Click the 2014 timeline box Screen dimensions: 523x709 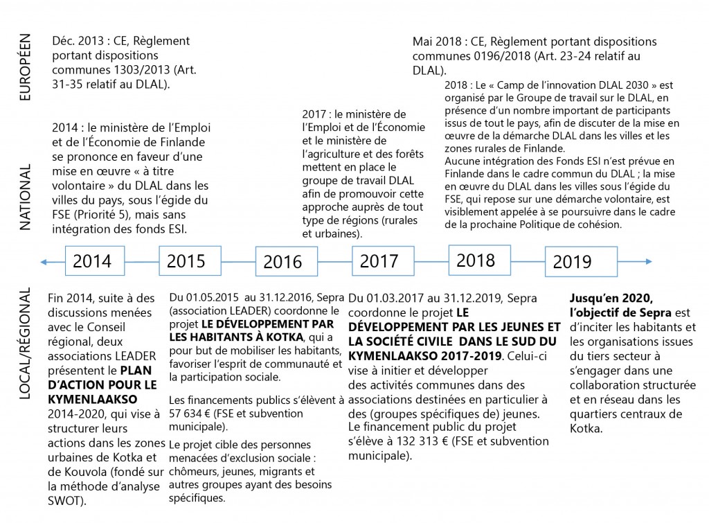coord(92,262)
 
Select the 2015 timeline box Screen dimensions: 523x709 coord(186,261)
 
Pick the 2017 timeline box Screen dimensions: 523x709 coord(379,262)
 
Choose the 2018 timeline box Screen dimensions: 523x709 coord(476,260)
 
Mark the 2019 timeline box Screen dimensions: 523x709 coord(572,262)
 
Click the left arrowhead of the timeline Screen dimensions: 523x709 coord(44,262)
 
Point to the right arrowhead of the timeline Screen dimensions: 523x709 coord(648,262)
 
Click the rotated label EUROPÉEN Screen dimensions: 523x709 coord(26,68)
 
